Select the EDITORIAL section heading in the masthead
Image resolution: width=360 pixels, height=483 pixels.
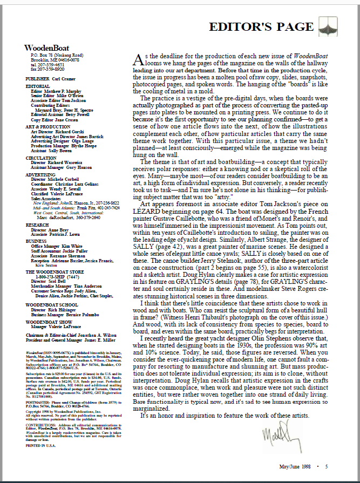coord(37,86)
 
